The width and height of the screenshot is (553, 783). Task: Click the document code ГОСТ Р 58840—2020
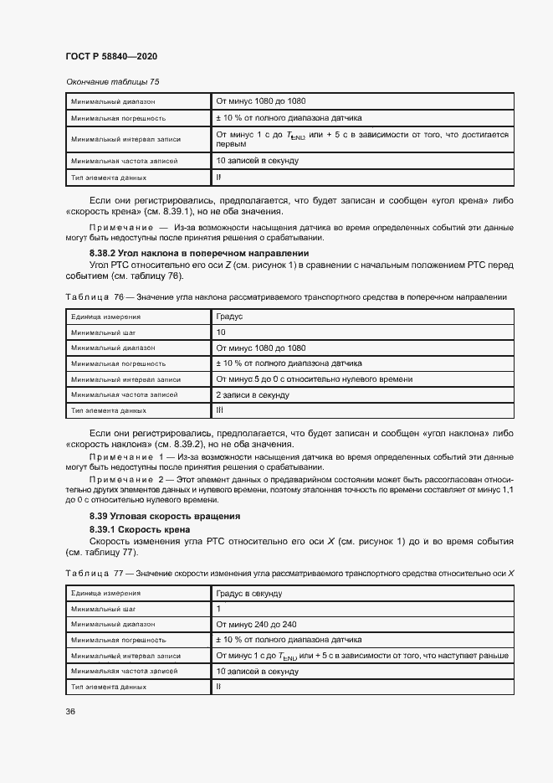click(x=110, y=56)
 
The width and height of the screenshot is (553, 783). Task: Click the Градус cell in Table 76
click(x=229, y=317)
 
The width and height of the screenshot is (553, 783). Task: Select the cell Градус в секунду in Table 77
click(x=248, y=593)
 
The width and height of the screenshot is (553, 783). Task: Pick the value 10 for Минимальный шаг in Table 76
click(x=221, y=332)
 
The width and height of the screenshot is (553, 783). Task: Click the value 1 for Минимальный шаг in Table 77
click(x=219, y=609)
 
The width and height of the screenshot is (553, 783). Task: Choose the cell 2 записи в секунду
click(x=253, y=394)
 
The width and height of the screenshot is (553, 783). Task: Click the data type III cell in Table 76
click(x=220, y=410)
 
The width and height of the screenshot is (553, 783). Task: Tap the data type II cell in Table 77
click(x=218, y=686)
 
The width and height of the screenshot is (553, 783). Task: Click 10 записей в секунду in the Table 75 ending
click(x=257, y=160)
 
